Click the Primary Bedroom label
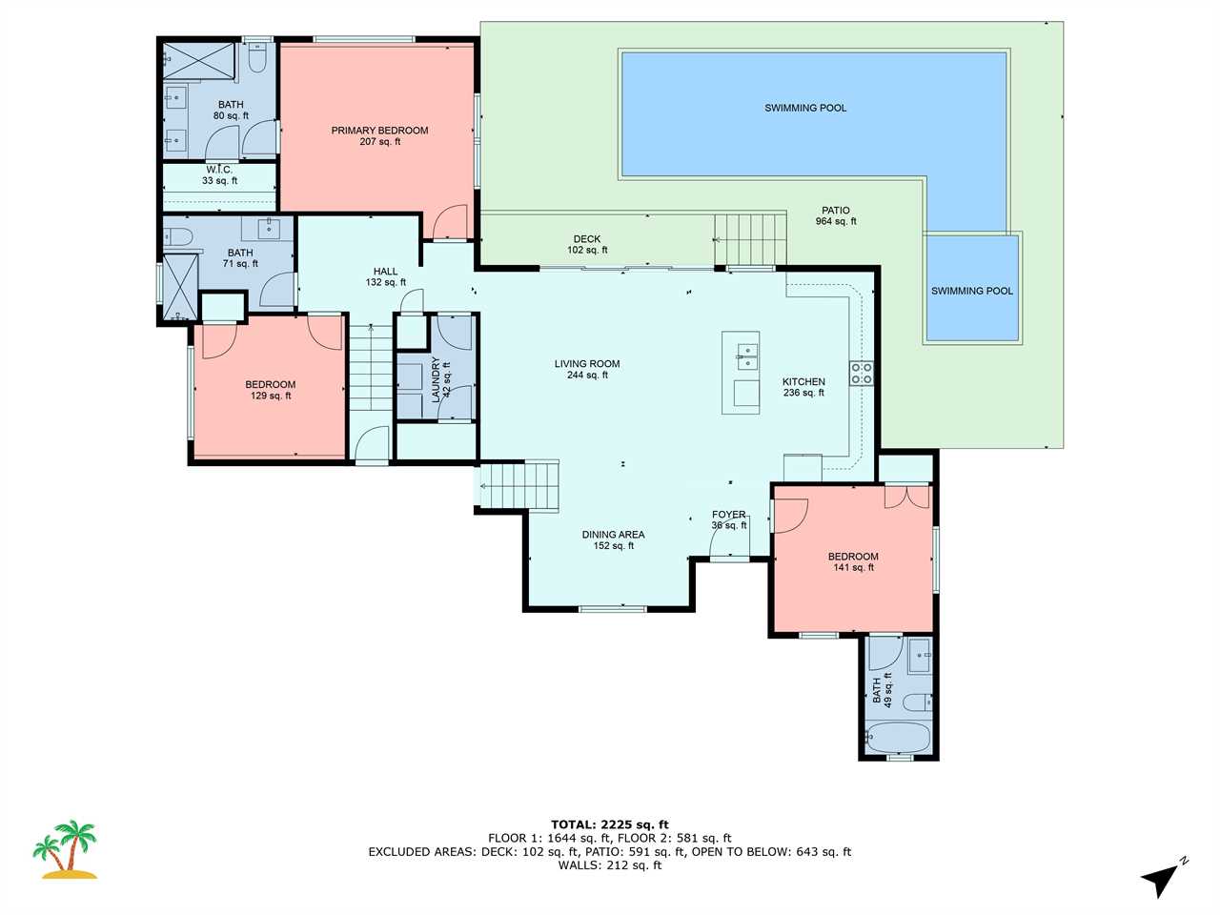pyautogui.click(x=379, y=136)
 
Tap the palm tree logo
pyautogui.click(x=65, y=849)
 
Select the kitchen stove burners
pyautogui.click(x=861, y=374)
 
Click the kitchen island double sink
pyautogui.click(x=747, y=356)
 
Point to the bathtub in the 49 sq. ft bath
pyautogui.click(x=898, y=739)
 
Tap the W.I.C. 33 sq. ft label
pyautogui.click(x=219, y=175)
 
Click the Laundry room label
pyautogui.click(x=440, y=379)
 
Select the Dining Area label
pyautogui.click(x=614, y=540)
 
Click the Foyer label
pyautogui.click(x=729, y=520)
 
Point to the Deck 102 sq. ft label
pyautogui.click(x=587, y=244)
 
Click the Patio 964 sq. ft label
pyautogui.click(x=835, y=215)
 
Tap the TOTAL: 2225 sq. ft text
pyautogui.click(x=610, y=824)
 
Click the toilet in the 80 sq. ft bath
pyautogui.click(x=256, y=57)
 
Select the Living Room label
pyautogui.click(x=587, y=370)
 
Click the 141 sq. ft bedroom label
pyautogui.click(x=853, y=561)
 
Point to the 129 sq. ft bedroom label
pyautogui.click(x=271, y=390)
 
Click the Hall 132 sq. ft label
pyautogui.click(x=385, y=276)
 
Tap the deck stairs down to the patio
pyautogui.click(x=750, y=240)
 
